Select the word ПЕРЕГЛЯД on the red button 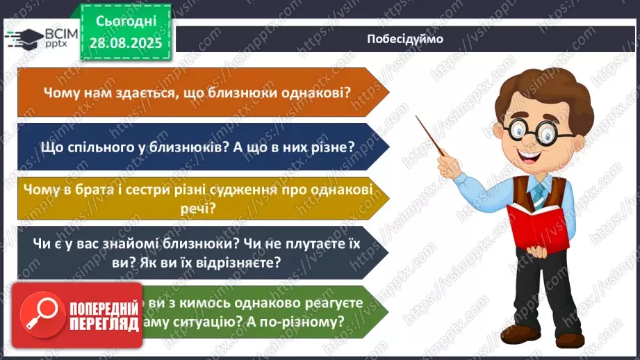coord(102,325)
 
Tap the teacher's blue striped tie coord(539,194)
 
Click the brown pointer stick coord(431,136)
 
